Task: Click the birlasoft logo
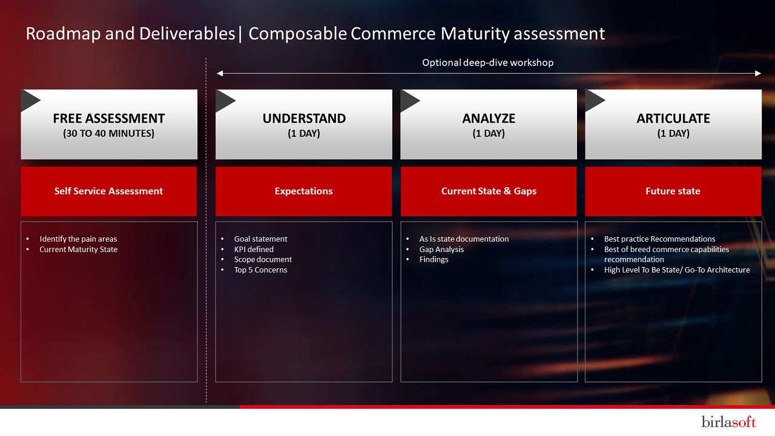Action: pyautogui.click(x=728, y=421)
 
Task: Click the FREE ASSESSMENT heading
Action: pyautogui.click(x=108, y=118)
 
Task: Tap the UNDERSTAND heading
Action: pyautogui.click(x=304, y=118)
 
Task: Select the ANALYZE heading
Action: pyautogui.click(x=489, y=118)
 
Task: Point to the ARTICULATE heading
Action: pyautogui.click(x=673, y=118)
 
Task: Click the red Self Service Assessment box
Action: pyautogui.click(x=108, y=191)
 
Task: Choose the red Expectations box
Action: pyautogui.click(x=304, y=191)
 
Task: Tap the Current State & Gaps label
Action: pyautogui.click(x=489, y=191)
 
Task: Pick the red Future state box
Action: pyautogui.click(x=673, y=191)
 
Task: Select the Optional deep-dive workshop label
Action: pyautogui.click(x=488, y=62)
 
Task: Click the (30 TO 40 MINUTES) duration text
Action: pyautogui.click(x=108, y=133)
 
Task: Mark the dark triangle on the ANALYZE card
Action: pyautogui.click(x=409, y=101)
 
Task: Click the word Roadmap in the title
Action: pyautogui.click(x=62, y=34)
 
